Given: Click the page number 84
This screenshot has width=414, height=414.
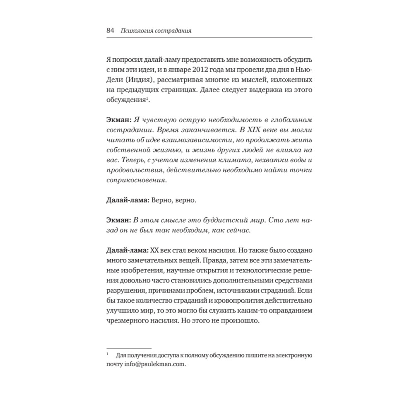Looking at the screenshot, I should click(110, 31).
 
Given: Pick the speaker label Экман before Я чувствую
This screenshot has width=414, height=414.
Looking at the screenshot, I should click(118, 119).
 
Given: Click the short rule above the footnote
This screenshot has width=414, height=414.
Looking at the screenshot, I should click(129, 348).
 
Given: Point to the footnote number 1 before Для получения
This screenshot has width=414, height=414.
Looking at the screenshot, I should click(108, 355).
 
